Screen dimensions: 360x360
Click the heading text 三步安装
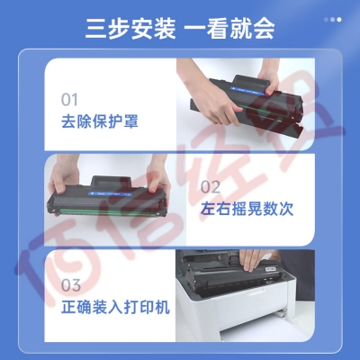(x=130, y=29)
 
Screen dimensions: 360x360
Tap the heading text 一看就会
(x=229, y=29)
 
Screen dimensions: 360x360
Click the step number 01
(x=69, y=100)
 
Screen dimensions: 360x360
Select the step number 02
(x=211, y=187)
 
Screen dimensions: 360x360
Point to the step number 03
(x=71, y=285)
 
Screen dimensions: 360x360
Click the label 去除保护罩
(x=100, y=121)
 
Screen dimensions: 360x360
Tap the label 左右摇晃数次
(x=247, y=209)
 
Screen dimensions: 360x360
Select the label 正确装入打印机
(x=115, y=307)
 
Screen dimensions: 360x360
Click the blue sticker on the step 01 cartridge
(x=248, y=91)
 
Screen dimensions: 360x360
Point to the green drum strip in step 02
(x=108, y=211)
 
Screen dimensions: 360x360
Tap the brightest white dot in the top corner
(x=339, y=20)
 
